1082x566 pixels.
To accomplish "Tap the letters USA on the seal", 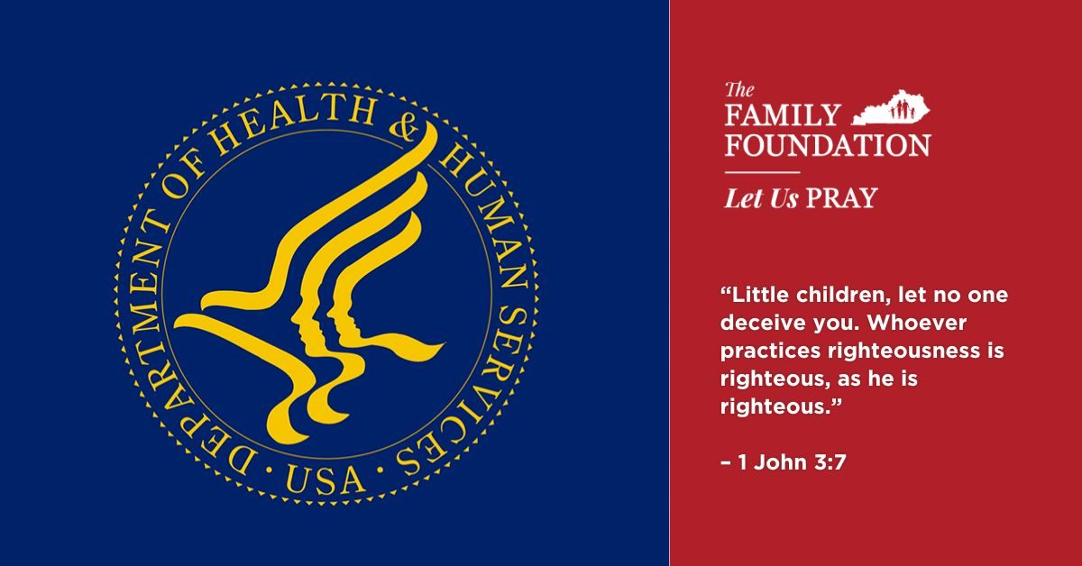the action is [x=324, y=479].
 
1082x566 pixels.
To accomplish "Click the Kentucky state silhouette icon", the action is [x=891, y=108].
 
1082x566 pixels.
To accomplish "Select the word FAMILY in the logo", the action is [x=783, y=115].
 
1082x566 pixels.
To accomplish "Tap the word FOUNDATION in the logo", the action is [x=828, y=145].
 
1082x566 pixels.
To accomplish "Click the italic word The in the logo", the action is [x=739, y=90].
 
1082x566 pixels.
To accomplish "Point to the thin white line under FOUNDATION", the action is [x=762, y=172].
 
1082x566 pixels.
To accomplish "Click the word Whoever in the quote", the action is [x=917, y=323].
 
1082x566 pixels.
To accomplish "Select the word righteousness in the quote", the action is [x=903, y=351].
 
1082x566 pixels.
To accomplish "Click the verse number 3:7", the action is [x=830, y=462].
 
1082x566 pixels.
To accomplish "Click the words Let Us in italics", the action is [x=761, y=198].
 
